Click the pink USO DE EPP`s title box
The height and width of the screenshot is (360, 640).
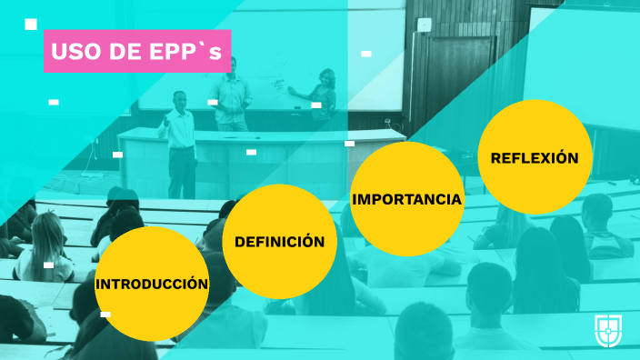(137, 51)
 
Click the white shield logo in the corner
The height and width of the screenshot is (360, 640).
(607, 330)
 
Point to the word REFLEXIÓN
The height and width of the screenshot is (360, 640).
(535, 157)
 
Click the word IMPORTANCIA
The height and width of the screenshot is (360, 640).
(406, 198)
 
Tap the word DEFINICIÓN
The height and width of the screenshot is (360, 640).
(280, 242)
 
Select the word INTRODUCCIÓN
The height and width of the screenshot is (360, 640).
(152, 284)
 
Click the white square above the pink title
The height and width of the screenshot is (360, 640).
(31, 24)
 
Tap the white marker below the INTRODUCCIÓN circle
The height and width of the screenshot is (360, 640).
(105, 315)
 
